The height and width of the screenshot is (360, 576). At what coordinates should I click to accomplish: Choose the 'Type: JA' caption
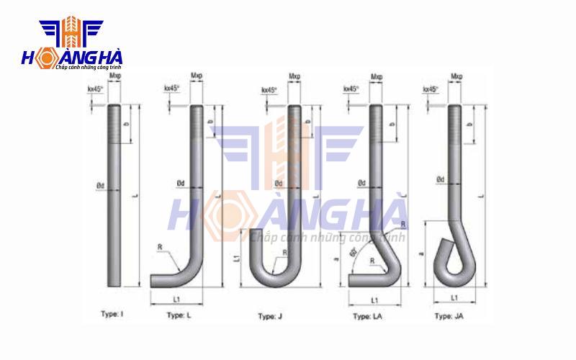(x=449, y=315)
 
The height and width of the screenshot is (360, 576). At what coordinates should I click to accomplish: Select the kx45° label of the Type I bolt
(x=95, y=89)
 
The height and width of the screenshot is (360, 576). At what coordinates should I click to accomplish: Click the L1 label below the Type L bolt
(x=177, y=298)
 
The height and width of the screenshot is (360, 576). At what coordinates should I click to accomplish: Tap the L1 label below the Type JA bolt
(x=455, y=297)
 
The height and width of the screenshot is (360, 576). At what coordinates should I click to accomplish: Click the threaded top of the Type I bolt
(x=116, y=122)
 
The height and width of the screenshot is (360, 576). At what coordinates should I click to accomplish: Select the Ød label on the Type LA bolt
(x=363, y=183)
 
